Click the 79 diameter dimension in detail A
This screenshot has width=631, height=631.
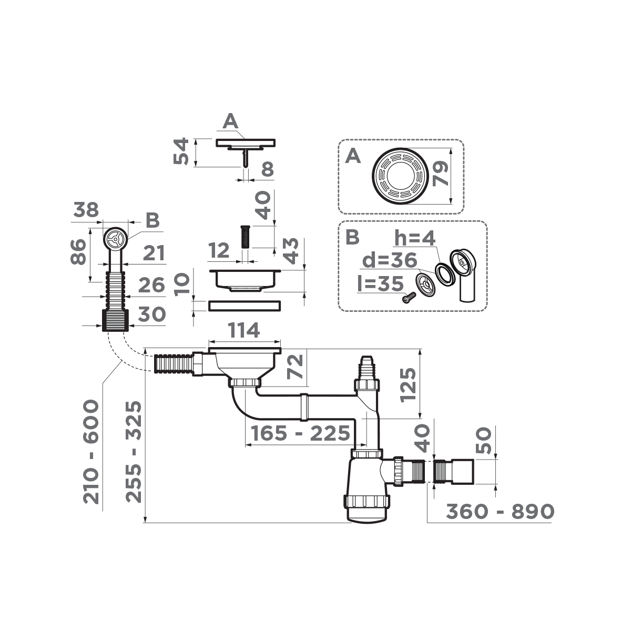click(441, 173)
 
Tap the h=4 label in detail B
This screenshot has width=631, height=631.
click(415, 239)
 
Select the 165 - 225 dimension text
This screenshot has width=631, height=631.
click(300, 434)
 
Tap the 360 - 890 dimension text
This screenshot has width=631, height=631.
click(500, 511)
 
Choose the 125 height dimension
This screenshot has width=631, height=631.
click(409, 384)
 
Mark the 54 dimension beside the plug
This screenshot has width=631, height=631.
click(180, 151)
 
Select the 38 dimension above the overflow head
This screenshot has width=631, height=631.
click(86, 210)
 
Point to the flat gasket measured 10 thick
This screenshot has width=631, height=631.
click(245, 305)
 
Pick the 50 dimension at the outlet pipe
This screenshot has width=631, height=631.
click(484, 440)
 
